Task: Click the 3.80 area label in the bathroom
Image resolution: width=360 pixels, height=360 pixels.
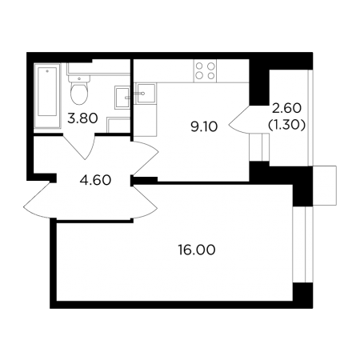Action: coord(82,118)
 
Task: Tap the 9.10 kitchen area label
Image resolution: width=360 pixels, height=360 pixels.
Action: coord(204,126)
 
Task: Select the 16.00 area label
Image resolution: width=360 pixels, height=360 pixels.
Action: coord(197,250)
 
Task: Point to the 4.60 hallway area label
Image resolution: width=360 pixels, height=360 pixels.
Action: coord(95,180)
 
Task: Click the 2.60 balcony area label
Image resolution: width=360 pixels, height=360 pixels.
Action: coord(286,108)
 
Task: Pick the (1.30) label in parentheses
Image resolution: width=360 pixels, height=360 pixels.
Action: coord(286,124)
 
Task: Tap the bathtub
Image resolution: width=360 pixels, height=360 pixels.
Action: coord(47,96)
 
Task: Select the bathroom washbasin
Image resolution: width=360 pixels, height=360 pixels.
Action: coord(122,98)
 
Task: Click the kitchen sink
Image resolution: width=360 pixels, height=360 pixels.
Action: coord(146,93)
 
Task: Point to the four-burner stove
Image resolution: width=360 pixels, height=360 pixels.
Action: coord(205,70)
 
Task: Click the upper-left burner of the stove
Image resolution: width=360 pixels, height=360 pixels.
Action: coord(199,66)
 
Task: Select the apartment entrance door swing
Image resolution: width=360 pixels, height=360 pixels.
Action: coord(38,200)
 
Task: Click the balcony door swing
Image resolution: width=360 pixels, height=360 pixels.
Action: coord(239,119)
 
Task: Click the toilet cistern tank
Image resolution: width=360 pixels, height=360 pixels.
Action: coord(79,78)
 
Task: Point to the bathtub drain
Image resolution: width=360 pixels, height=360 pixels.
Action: coord(47,71)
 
